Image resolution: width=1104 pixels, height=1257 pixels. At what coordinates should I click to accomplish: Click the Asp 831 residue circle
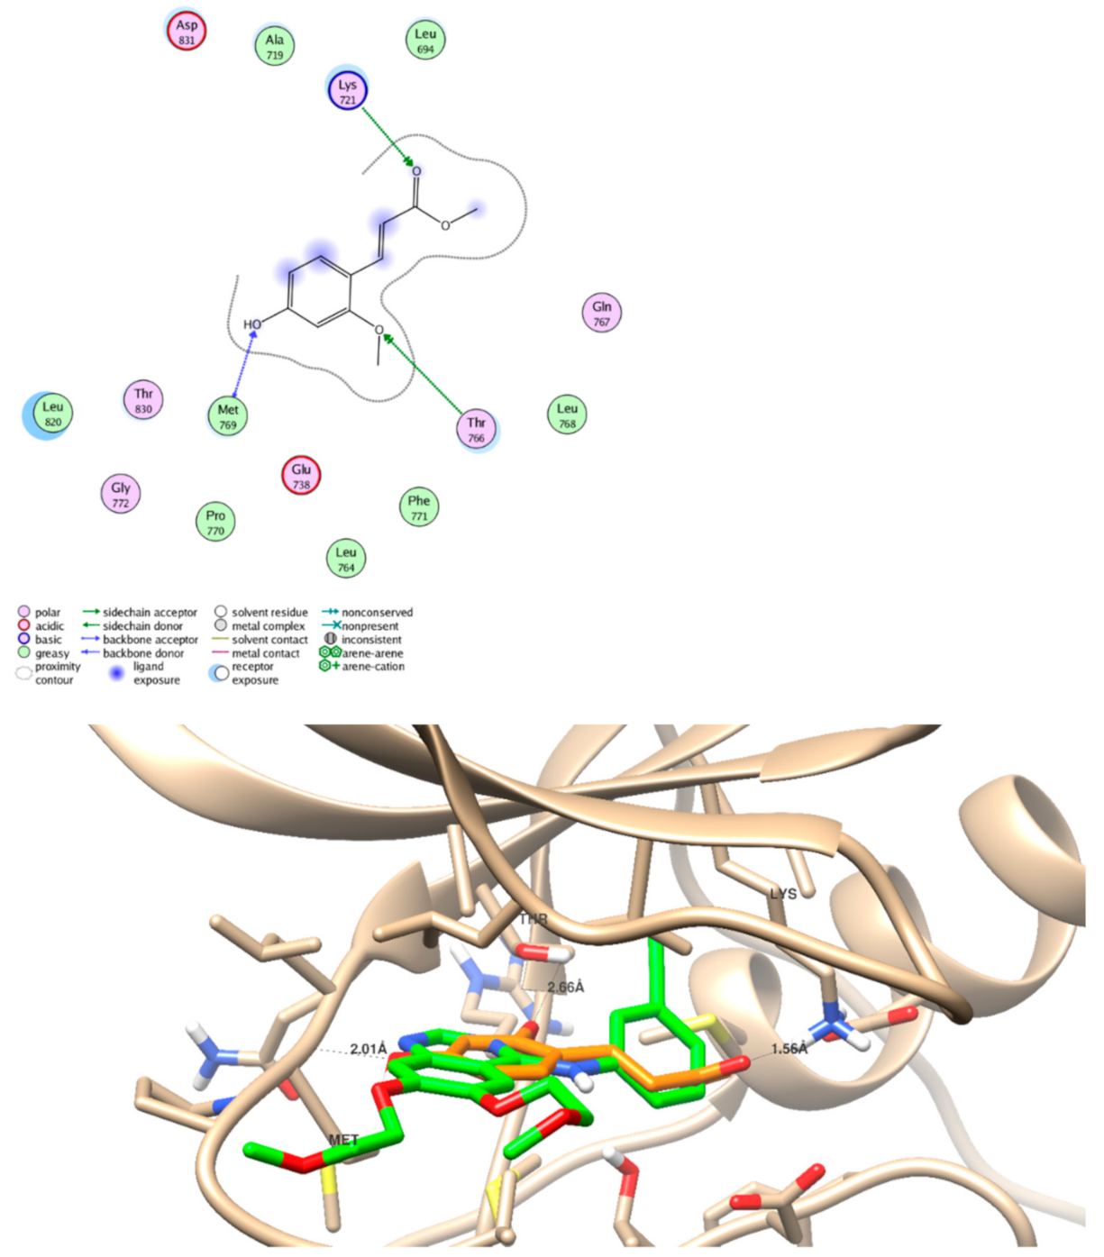coord(187,32)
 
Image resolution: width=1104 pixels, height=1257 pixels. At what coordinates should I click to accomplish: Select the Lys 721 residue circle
coord(347,91)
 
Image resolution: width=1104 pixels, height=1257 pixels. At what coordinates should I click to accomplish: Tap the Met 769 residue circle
coord(228,416)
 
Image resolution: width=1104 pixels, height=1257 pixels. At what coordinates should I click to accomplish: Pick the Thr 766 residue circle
coord(476,430)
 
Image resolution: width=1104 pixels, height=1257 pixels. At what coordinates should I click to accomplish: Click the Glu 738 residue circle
coord(301,476)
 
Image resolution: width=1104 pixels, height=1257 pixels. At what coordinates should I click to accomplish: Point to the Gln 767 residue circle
coord(601,313)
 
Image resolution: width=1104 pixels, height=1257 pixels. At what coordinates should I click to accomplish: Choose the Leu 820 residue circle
coord(52,414)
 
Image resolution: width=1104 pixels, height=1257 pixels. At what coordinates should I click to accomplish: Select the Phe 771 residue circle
coord(419,507)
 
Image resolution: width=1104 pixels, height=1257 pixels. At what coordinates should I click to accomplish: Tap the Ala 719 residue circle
coord(274,46)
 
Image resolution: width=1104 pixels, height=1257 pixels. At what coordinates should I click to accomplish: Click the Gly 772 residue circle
coord(121,494)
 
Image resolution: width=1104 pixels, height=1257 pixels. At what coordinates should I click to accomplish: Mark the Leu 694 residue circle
coord(425,40)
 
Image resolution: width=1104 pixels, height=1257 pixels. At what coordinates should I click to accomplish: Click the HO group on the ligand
coord(252,324)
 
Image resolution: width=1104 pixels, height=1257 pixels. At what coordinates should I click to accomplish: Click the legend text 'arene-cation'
coord(372,667)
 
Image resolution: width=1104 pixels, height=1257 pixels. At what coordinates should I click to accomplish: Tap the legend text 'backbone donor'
coord(142,653)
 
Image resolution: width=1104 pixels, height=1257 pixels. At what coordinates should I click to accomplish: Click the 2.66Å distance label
coord(565,988)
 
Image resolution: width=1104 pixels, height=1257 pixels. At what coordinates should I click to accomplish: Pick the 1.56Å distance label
coord(789,1049)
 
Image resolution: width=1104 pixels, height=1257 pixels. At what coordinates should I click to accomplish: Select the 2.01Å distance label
coord(368,1049)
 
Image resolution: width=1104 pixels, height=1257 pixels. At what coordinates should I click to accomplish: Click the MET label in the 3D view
coord(343,1140)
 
